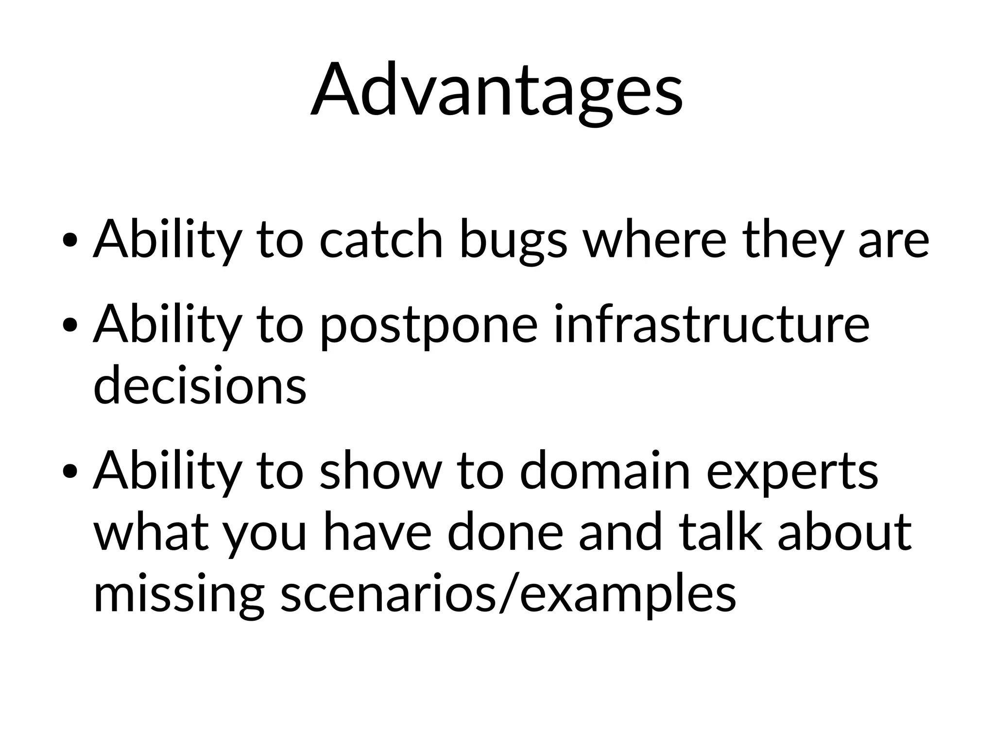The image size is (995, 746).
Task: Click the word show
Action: (381, 471)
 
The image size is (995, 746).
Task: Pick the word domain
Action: (605, 471)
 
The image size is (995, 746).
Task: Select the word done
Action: (505, 532)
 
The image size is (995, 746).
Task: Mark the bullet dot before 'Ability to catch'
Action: (71, 240)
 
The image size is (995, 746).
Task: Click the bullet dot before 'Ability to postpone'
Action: (71, 325)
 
